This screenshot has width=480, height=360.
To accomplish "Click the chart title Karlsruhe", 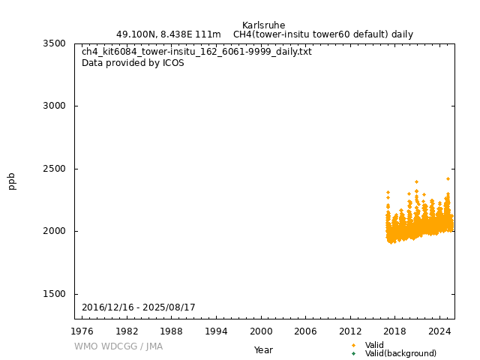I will (x=263, y=25).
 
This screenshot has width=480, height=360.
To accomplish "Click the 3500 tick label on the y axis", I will (x=54, y=43).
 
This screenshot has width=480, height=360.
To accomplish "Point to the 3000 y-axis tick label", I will (x=54, y=106).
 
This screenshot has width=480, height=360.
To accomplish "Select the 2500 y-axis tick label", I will (x=54, y=169).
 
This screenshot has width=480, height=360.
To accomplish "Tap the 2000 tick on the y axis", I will (x=54, y=231).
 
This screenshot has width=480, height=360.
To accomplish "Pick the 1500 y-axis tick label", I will (x=54, y=294).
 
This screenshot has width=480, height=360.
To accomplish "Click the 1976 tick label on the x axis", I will (x=82, y=331).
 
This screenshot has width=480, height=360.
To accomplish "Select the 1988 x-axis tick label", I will (x=172, y=331).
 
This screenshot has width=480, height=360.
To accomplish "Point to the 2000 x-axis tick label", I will (x=261, y=331).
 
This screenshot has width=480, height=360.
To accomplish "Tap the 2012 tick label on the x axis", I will (x=350, y=331).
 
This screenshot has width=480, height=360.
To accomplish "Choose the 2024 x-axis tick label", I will (x=439, y=331).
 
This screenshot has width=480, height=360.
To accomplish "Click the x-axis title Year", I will (x=263, y=350).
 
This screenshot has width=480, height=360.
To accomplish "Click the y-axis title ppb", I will (x=12, y=181).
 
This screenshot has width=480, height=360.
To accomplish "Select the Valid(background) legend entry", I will (x=400, y=354).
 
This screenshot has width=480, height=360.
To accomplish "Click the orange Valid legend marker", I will (x=353, y=345).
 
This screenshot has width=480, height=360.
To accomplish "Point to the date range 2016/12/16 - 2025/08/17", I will (x=139, y=307).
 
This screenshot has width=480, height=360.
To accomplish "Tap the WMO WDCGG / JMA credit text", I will (x=118, y=346).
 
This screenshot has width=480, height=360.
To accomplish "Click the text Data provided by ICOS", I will (x=133, y=63).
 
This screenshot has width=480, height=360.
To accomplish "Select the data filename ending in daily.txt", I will (x=196, y=52).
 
